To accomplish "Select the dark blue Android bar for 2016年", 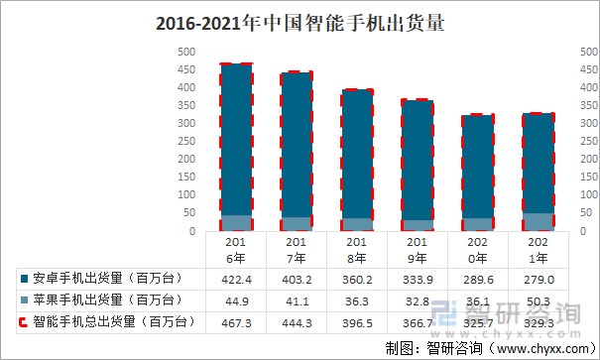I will pos(236,139).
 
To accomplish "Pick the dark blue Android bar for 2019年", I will pos(418,159).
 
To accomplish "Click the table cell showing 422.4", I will pos(236,279).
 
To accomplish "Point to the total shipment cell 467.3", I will pos(236,322).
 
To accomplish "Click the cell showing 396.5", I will pos(357,322).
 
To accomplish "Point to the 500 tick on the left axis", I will pos(185,52).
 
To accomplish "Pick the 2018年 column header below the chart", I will pos(357,249).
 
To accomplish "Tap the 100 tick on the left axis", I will pos(185,195).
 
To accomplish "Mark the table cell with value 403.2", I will pos(296,279).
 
